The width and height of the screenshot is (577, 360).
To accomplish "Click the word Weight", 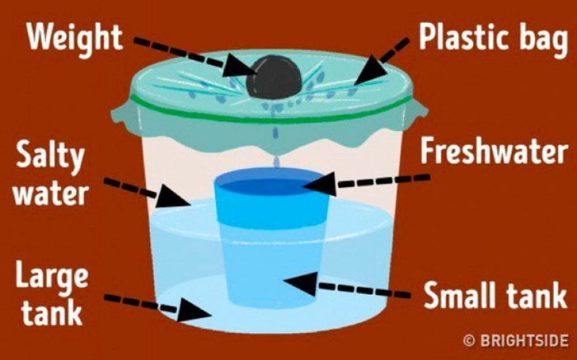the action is coord(74,38).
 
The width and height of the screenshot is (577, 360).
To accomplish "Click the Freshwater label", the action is coord(494,151).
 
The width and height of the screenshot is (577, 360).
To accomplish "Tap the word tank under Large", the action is coord(51,312).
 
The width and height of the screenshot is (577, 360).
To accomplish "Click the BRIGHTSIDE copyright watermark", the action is coord(516,340).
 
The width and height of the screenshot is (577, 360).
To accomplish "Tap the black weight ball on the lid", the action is coord(274,77).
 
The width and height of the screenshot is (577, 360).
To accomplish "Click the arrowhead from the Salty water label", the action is coord(172,198).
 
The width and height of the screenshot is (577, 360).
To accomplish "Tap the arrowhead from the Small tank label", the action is coord(300,283).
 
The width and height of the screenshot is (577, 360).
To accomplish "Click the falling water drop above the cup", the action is coord(277,161).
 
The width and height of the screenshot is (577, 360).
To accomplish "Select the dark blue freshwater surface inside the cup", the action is coord(271,187).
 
